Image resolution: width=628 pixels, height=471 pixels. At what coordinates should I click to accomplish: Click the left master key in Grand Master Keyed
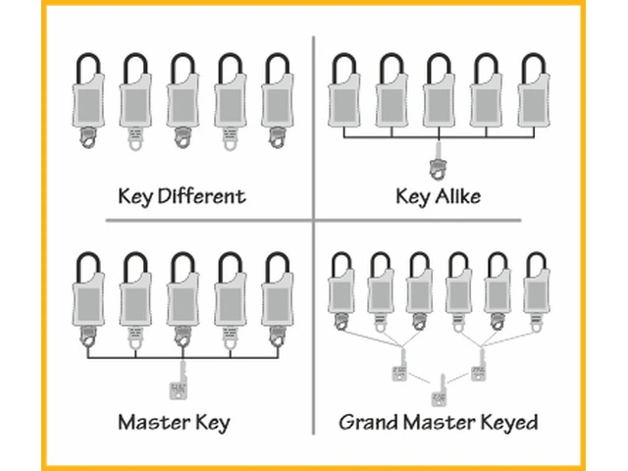[399, 372]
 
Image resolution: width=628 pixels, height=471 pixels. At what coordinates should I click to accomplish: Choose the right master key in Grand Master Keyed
[479, 372]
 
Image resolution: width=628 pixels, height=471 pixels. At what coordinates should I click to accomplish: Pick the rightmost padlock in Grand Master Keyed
[536, 289]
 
